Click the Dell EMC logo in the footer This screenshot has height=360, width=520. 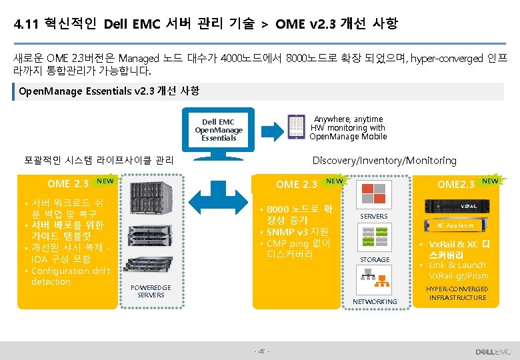point(493,351)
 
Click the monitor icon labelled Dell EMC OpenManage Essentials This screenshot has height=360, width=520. point(219,131)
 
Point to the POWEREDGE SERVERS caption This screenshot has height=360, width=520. point(151,291)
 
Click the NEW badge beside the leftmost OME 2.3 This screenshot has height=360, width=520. point(105,180)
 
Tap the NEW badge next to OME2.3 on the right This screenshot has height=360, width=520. point(490,181)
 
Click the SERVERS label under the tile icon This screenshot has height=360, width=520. point(373,216)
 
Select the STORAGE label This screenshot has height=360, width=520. point(375,259)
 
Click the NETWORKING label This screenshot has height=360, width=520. point(375,301)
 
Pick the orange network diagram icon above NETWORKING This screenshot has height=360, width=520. point(374,283)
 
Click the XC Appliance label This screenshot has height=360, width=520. point(456,225)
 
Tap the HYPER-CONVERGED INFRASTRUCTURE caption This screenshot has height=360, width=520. point(457,293)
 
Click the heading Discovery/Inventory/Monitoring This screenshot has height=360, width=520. point(385,160)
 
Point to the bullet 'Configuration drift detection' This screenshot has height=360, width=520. point(71,276)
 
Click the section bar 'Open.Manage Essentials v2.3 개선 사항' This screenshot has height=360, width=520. point(110,91)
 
